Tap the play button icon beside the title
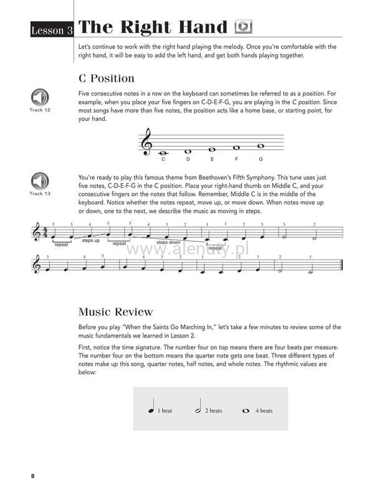click(243, 27)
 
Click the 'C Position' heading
click(107, 78)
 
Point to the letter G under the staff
click(261, 159)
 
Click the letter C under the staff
click(163, 159)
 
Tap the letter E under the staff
click(213, 159)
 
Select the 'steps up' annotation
click(90, 240)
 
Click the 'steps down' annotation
click(168, 242)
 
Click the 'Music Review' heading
click(115, 312)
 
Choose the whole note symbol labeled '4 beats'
click(246, 411)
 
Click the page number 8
click(32, 477)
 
